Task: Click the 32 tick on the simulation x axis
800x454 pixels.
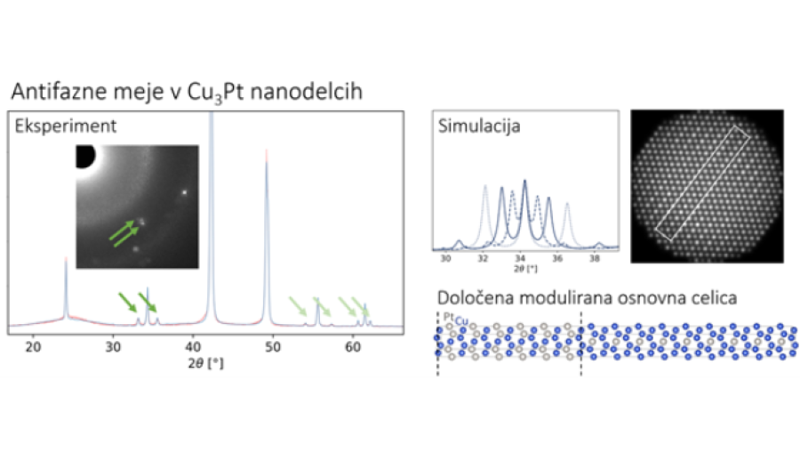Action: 483,258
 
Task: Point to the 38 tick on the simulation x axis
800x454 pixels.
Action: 594,258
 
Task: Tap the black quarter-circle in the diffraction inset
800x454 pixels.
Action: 85,156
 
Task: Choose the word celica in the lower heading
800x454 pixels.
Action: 711,297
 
